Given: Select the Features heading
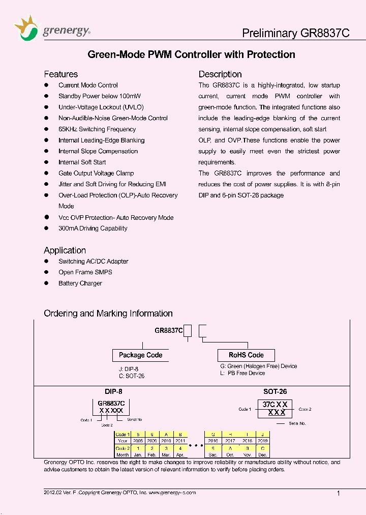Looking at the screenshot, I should pyautogui.click(x=60, y=74).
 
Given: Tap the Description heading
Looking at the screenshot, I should pyautogui.click(x=220, y=74).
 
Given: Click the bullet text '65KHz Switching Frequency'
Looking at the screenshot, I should pyautogui.click(x=97, y=129).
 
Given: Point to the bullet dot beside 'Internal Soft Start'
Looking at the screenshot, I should pyautogui.click(x=46, y=162).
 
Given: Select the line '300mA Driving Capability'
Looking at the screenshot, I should pyautogui.click(x=93, y=228).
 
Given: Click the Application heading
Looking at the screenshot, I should pyautogui.click(x=65, y=250).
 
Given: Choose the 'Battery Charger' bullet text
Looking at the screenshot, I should pyautogui.click(x=80, y=283).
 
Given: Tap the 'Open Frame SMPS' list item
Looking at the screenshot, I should pyautogui.click(x=85, y=272).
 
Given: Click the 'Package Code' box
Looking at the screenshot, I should pyautogui.click(x=140, y=355).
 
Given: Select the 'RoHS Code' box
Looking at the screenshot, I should pyautogui.click(x=246, y=355).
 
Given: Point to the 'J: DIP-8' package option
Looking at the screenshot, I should pyautogui.click(x=129, y=369).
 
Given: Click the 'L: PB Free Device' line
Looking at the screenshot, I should pyautogui.click(x=242, y=373).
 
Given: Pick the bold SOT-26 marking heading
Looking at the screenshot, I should pyautogui.click(x=274, y=392).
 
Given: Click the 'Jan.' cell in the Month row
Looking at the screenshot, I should pyautogui.click(x=138, y=454).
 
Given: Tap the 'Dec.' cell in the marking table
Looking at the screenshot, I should pyautogui.click(x=262, y=454).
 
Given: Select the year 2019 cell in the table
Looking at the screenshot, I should pyautogui.click(x=262, y=441).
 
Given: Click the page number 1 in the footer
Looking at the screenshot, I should pyautogui.click(x=339, y=493).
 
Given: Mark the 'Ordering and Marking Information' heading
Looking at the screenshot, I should pyautogui.click(x=108, y=313).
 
